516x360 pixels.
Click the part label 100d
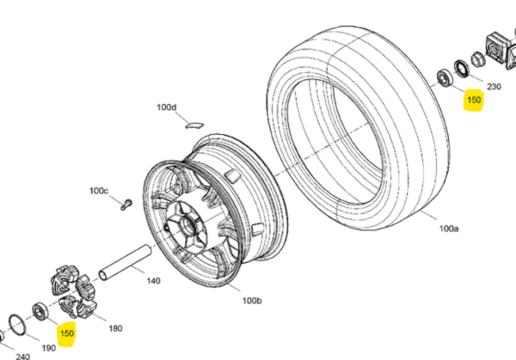click(x=166, y=107)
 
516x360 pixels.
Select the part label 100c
click(x=99, y=191)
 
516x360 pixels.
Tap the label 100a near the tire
click(x=449, y=229)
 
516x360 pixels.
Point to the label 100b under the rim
click(x=252, y=301)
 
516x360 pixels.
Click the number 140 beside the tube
click(x=153, y=281)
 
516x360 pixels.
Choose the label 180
click(x=115, y=328)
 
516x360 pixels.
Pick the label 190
click(x=49, y=348)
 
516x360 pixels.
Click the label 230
click(x=494, y=87)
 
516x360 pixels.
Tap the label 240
click(x=22, y=357)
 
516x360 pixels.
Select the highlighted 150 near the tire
click(x=474, y=100)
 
